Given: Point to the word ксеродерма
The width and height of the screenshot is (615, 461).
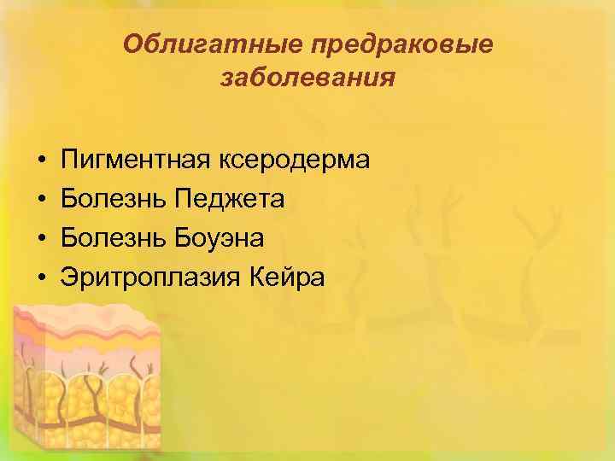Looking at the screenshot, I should tap(295, 160).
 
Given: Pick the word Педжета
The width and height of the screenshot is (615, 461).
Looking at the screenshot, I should tap(229, 199).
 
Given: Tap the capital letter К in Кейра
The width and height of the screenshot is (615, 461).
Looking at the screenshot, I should tap(258, 277).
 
